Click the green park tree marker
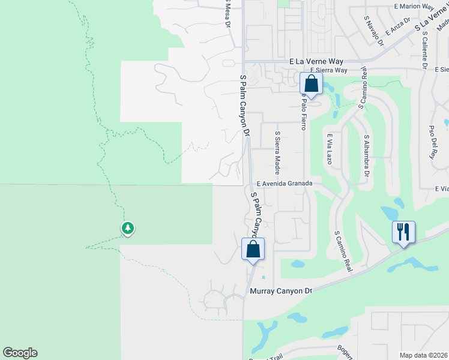[x=127, y=228]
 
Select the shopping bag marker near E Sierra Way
[x=311, y=83]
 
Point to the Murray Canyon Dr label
[x=281, y=291]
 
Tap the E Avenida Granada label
[x=285, y=184]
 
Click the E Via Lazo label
[x=330, y=149]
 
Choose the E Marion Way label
[x=414, y=7]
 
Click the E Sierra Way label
[x=328, y=70]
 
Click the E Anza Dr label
[x=397, y=26]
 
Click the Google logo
[x=20, y=353]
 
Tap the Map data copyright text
[x=424, y=355]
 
